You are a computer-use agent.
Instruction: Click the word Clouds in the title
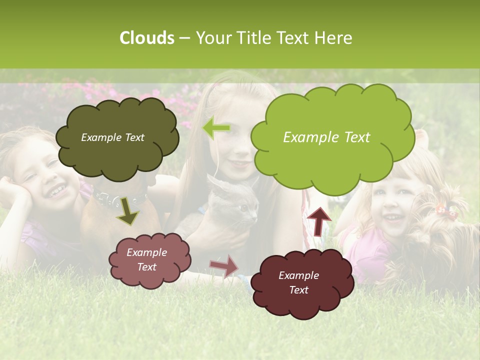coord(147,38)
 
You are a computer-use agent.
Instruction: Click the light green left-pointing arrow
coord(216,128)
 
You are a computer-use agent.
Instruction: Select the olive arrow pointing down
coord(127,211)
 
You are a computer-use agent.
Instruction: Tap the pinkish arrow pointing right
coord(224,265)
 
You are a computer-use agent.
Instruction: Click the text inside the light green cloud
coord(326,137)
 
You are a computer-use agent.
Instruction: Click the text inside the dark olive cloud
coord(112,137)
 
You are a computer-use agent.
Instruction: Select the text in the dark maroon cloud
coord(298,282)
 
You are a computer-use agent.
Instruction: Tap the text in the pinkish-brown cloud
coord(146,259)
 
